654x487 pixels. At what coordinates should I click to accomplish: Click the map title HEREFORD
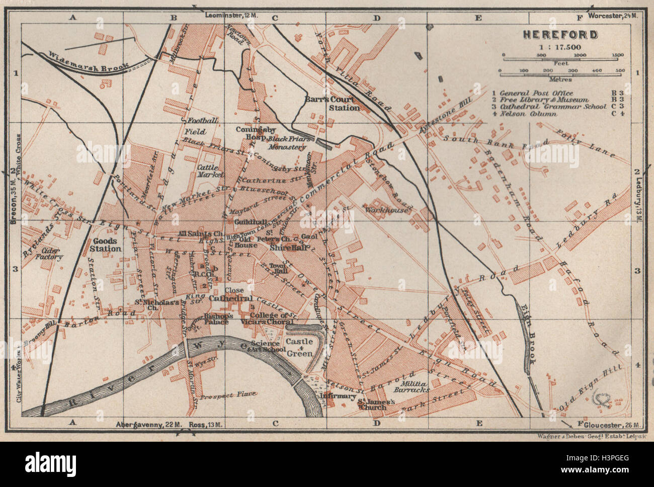[x=560, y=35]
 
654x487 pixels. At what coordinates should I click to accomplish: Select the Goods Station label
[x=105, y=245]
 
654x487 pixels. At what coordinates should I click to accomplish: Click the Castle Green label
[x=299, y=347]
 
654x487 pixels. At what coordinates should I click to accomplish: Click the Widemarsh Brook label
[x=89, y=60]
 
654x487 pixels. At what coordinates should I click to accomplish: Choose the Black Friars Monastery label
[x=287, y=142]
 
